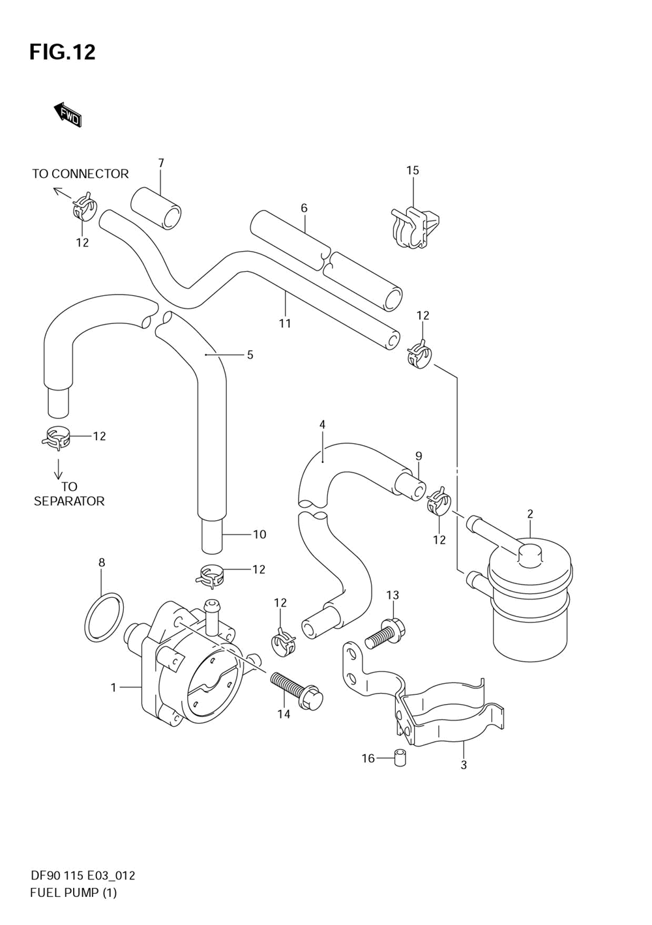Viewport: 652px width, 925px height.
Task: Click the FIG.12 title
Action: click(x=62, y=51)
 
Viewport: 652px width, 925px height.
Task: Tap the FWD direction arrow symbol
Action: click(x=67, y=115)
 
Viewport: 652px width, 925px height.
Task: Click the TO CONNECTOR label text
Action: click(x=80, y=174)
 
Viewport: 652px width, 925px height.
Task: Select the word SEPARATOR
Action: click(x=69, y=501)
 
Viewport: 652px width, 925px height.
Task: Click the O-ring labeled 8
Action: click(x=103, y=615)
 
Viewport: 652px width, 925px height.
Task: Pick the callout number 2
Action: click(x=530, y=514)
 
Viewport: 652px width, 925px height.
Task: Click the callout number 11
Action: click(x=285, y=323)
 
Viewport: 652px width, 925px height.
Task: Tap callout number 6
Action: click(x=304, y=209)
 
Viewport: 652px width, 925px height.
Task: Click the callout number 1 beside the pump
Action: click(x=113, y=687)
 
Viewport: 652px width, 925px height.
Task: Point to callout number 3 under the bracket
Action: click(x=464, y=765)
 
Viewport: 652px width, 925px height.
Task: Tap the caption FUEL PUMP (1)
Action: click(x=73, y=892)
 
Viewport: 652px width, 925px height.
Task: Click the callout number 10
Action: click(x=259, y=535)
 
